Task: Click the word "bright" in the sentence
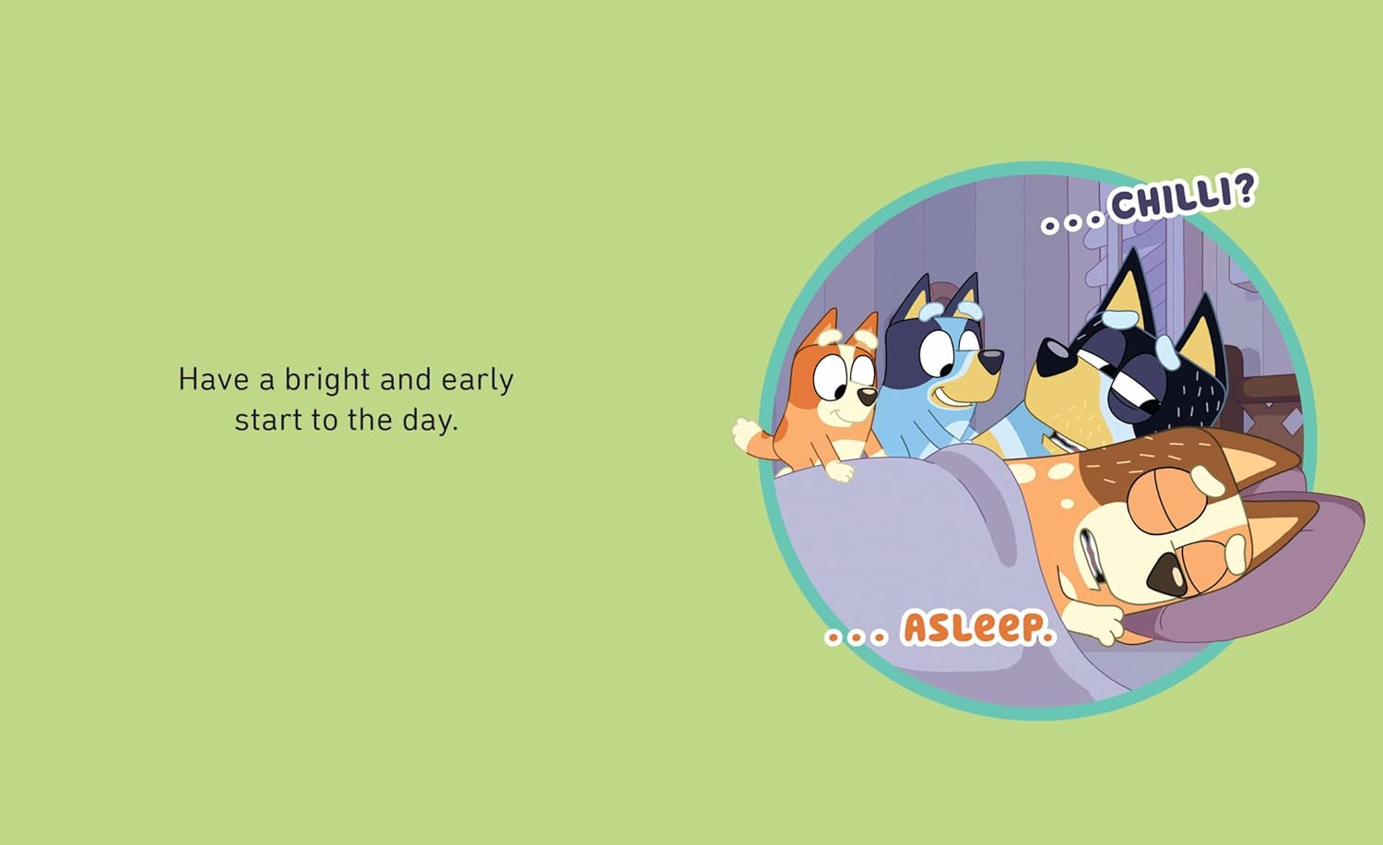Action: (326, 380)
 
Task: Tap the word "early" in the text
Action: (477, 380)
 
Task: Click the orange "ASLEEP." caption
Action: (977, 628)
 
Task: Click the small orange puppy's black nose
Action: (868, 397)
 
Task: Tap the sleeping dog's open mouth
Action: (1093, 558)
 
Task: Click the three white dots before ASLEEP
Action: (855, 636)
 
